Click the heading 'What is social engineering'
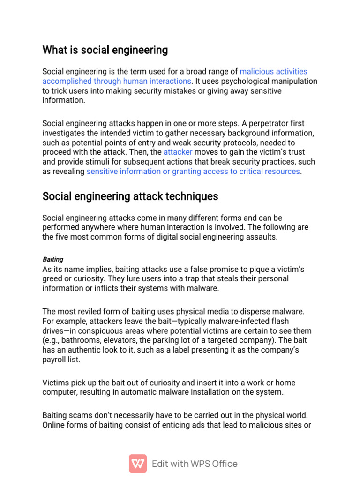coord(105,50)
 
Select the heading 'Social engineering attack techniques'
coord(130,196)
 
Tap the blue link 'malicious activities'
coord(273,71)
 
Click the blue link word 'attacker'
coord(178,152)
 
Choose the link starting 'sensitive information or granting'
coord(193,171)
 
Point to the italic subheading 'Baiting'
coord(53,259)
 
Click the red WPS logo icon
coord(138,464)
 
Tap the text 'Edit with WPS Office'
coord(195,464)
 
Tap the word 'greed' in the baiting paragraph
coord(52,278)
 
